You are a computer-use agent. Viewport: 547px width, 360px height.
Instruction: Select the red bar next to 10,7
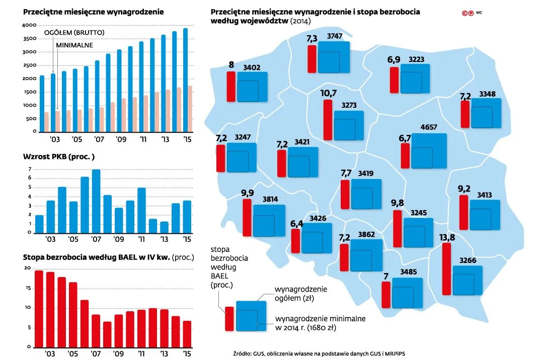pyautogui.click(x=328, y=119)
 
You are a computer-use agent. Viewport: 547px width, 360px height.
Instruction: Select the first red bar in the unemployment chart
pyautogui.click(x=39, y=309)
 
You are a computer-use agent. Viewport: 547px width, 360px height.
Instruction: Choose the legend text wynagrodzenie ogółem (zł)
pyautogui.click(x=301, y=294)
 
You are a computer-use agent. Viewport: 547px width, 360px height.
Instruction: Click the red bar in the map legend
pyautogui.click(x=229, y=318)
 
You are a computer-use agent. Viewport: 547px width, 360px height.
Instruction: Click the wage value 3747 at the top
pyautogui.click(x=335, y=36)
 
